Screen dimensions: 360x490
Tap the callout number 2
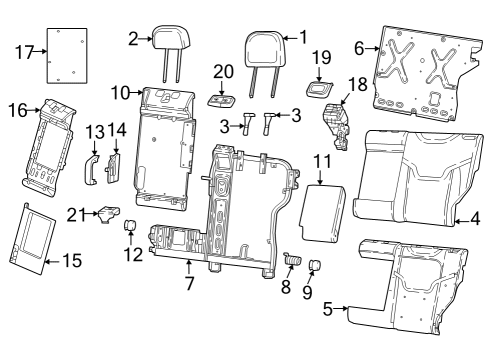[x=133, y=38]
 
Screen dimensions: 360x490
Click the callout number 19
[x=320, y=56]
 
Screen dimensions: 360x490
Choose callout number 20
[x=222, y=71]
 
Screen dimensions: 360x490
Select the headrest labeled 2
[x=164, y=40]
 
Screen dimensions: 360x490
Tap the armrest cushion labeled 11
[x=323, y=210]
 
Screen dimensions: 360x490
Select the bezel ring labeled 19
[x=320, y=85]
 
